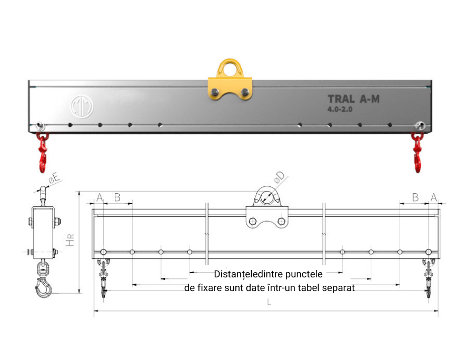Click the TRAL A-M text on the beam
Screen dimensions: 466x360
point(354,99)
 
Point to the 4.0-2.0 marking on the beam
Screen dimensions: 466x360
point(340,109)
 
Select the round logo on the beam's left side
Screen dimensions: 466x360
point(82,106)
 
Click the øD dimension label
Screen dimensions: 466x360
point(279,177)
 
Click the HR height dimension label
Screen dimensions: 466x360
point(70,241)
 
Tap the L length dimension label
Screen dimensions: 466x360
point(269,303)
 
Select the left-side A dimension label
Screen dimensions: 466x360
point(100,197)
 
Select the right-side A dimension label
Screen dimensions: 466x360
point(433,197)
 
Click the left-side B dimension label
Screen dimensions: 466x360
point(117,197)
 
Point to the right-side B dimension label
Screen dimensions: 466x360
point(415,197)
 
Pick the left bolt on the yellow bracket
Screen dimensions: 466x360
point(214,92)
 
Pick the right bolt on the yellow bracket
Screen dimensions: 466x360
point(245,92)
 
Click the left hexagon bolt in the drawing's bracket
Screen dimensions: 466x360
point(253,221)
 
